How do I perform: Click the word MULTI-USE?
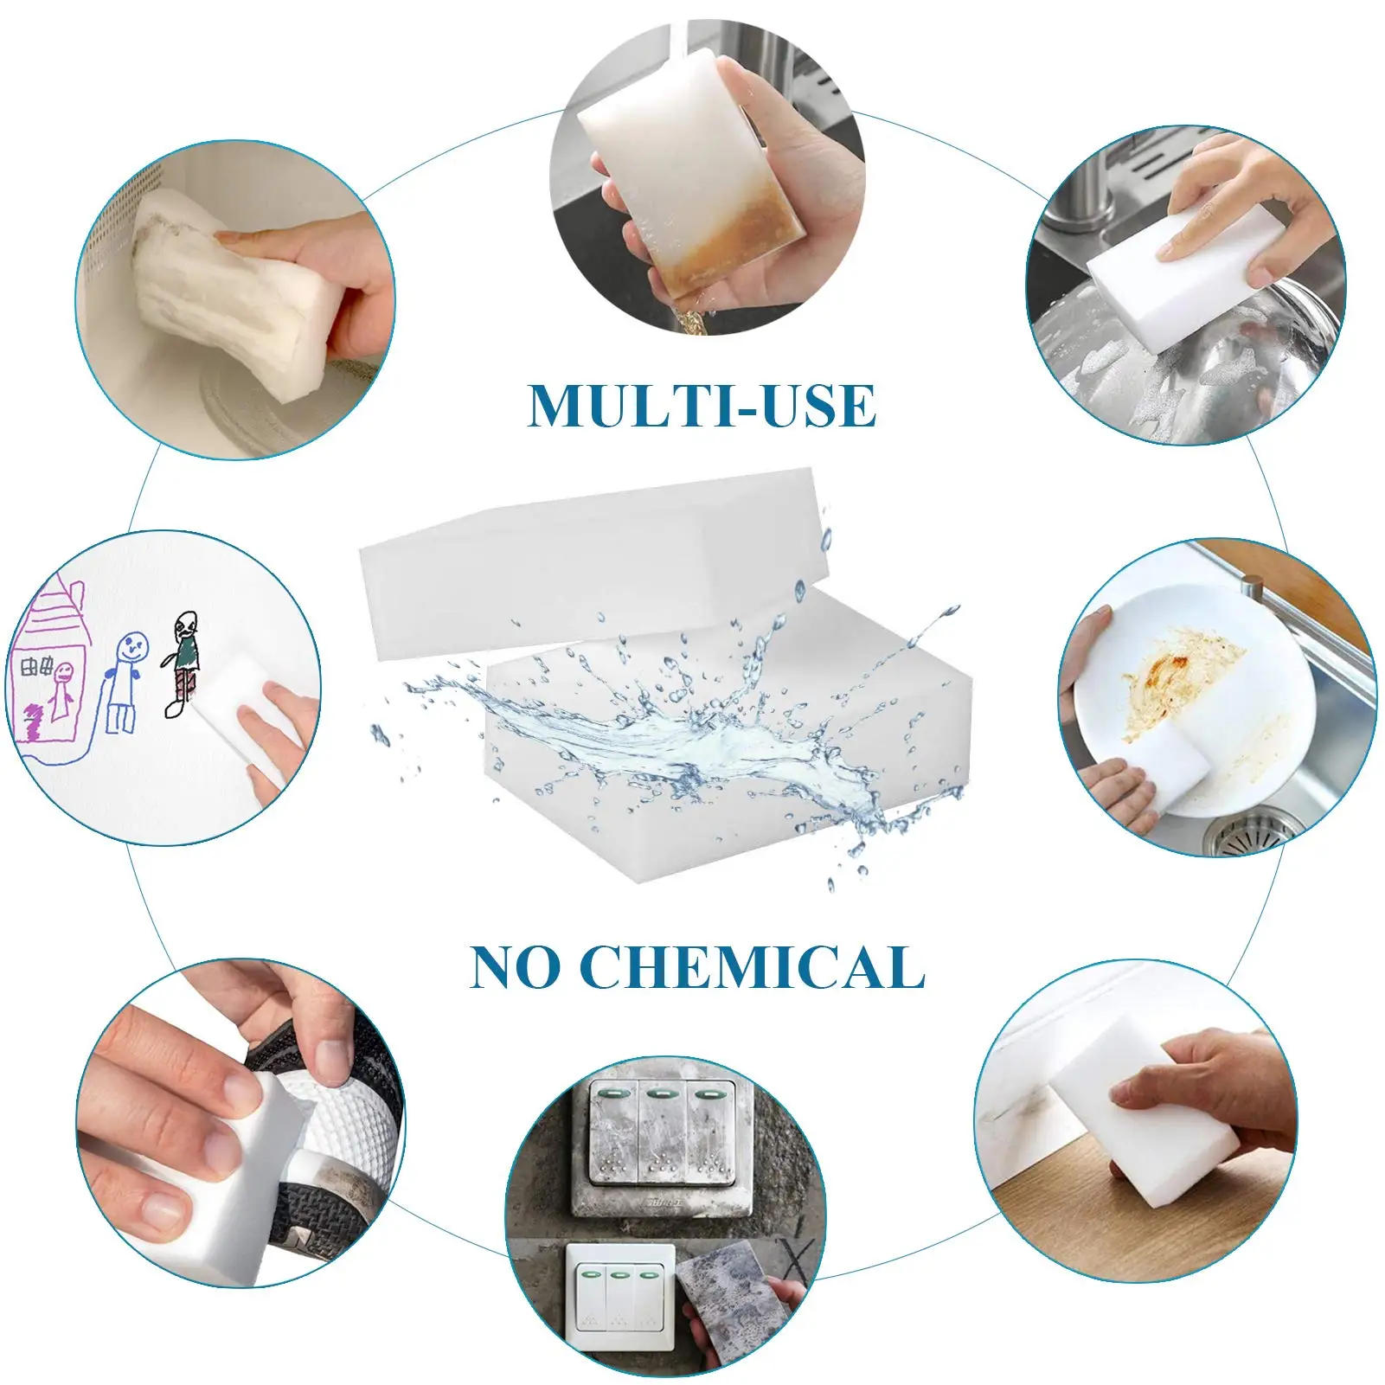point(702,406)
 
